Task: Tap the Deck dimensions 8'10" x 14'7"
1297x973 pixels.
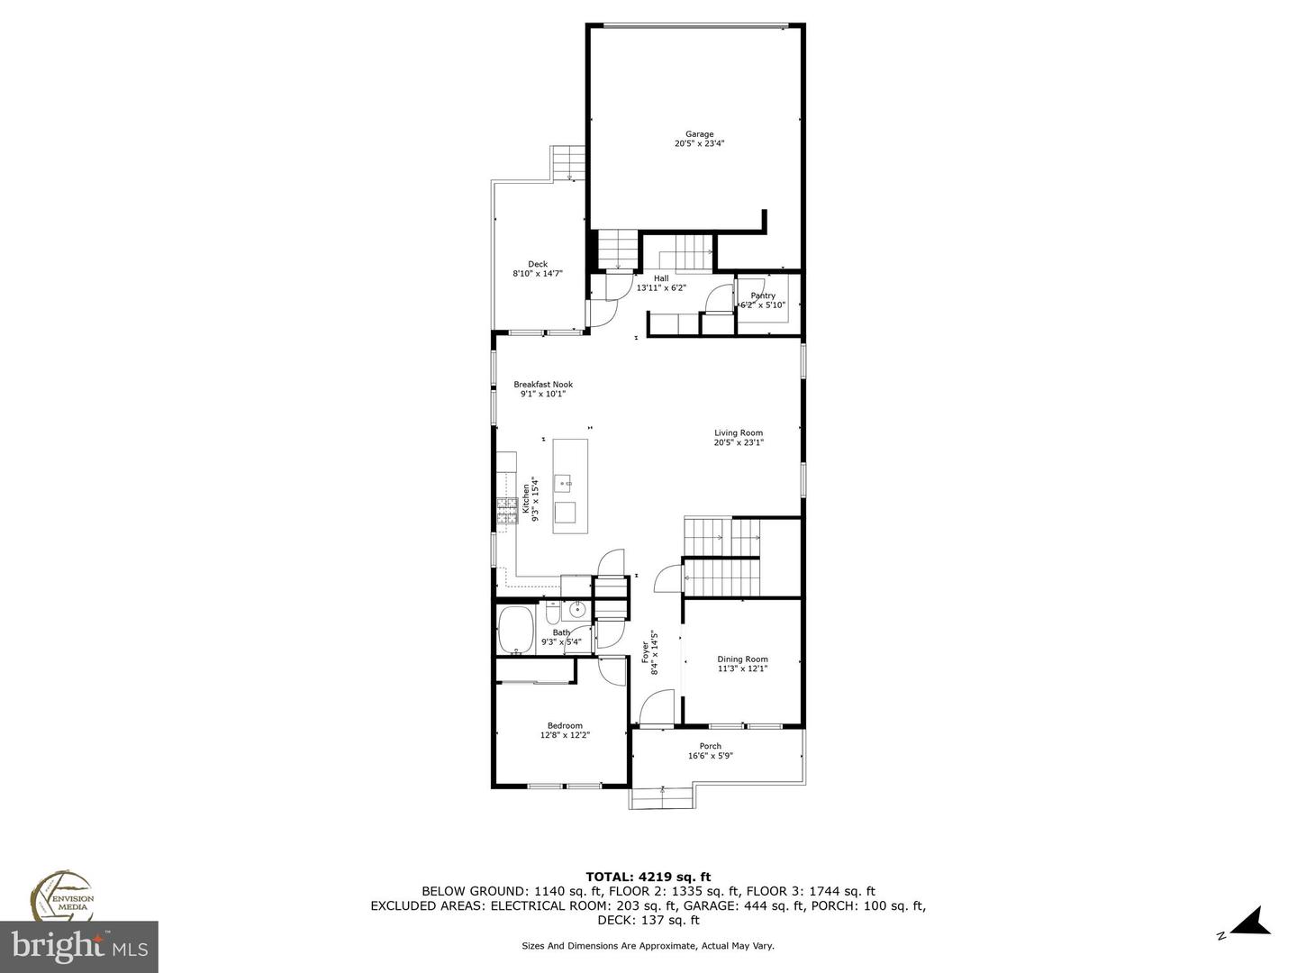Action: click(537, 274)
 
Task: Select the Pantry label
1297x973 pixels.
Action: click(763, 296)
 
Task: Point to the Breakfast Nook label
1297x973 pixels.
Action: click(543, 385)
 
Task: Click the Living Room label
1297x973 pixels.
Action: click(739, 433)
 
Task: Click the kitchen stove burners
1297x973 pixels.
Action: click(503, 512)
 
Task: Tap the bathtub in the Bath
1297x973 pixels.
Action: click(516, 630)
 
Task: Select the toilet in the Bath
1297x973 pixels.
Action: click(553, 613)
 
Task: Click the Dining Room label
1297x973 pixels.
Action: click(742, 659)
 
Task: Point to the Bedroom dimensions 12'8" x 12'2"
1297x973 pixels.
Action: click(565, 736)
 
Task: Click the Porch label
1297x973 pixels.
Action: click(710, 746)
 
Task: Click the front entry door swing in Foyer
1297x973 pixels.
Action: click(657, 707)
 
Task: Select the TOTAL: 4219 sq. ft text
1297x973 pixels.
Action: click(648, 876)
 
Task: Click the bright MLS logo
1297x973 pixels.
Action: click(79, 946)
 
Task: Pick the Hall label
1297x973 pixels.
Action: click(661, 278)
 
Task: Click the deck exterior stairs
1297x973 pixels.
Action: click(569, 163)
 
